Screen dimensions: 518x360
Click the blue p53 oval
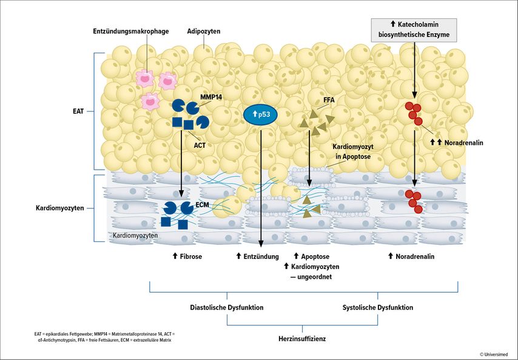[x=260, y=115]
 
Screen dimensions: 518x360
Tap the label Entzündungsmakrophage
[x=131, y=32]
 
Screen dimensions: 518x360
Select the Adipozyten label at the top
[x=204, y=32]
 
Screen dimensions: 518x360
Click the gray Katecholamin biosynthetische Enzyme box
[x=414, y=30]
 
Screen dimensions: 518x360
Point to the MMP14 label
[x=211, y=97]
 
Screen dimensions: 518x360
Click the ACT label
[x=200, y=145]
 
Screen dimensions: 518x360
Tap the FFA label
[x=329, y=99]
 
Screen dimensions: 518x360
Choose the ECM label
[x=202, y=205]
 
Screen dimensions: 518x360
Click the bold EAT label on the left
[x=78, y=111]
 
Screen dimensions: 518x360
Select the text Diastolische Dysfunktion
[x=227, y=307]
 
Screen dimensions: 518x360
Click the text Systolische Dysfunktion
[x=378, y=307]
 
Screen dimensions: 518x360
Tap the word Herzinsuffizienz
[x=302, y=339]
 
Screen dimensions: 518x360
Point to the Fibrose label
[x=187, y=256]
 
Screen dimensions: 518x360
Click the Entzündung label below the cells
[x=258, y=256]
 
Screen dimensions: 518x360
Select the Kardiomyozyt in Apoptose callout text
[x=353, y=152]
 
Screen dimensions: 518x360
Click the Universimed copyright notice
[x=494, y=355]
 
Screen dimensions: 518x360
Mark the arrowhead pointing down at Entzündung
[x=261, y=244]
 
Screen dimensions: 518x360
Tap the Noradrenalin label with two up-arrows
[x=457, y=142]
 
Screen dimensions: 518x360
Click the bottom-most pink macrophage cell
[x=150, y=101]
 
